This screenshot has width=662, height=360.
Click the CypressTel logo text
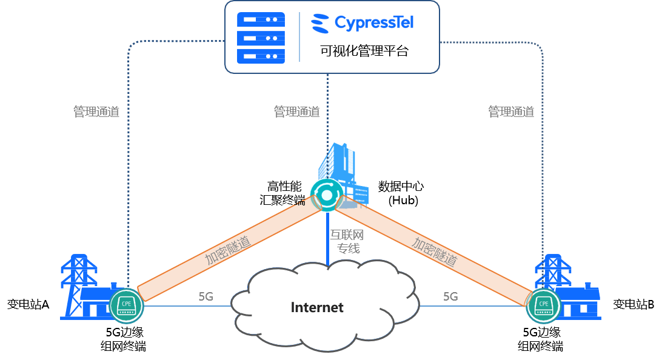coord(374,24)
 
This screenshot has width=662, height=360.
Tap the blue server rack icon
coord(261,38)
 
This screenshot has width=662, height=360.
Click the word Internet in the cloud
coord(317,307)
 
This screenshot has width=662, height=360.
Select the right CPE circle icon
coord(544,305)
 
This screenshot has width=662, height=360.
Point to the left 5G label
coord(206,296)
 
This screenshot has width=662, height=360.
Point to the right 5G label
coord(450,296)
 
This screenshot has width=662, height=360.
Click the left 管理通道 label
coord(96,112)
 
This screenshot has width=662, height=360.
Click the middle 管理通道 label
coord(297,112)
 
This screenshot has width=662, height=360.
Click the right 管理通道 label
coord(511,112)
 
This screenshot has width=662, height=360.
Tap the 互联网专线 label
coord(346,241)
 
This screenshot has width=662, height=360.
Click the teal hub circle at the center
coord(327,195)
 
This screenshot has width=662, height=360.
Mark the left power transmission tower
coord(78,282)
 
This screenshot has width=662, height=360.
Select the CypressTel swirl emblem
coord(320,24)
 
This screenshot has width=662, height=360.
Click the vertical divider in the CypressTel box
coord(299,37)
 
